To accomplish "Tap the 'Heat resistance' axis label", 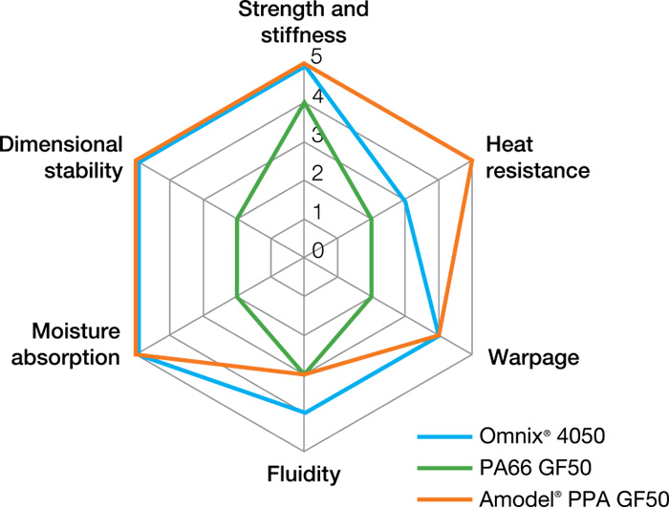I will pos(535,158).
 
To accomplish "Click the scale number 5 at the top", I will pos(317,58).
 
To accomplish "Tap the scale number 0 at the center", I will pos(317,250).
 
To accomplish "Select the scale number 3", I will pos(317,136).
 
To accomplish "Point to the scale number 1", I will pos(317,212).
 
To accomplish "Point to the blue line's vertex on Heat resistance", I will pos(405,201).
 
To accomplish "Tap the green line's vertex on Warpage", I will pos(372,299).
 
